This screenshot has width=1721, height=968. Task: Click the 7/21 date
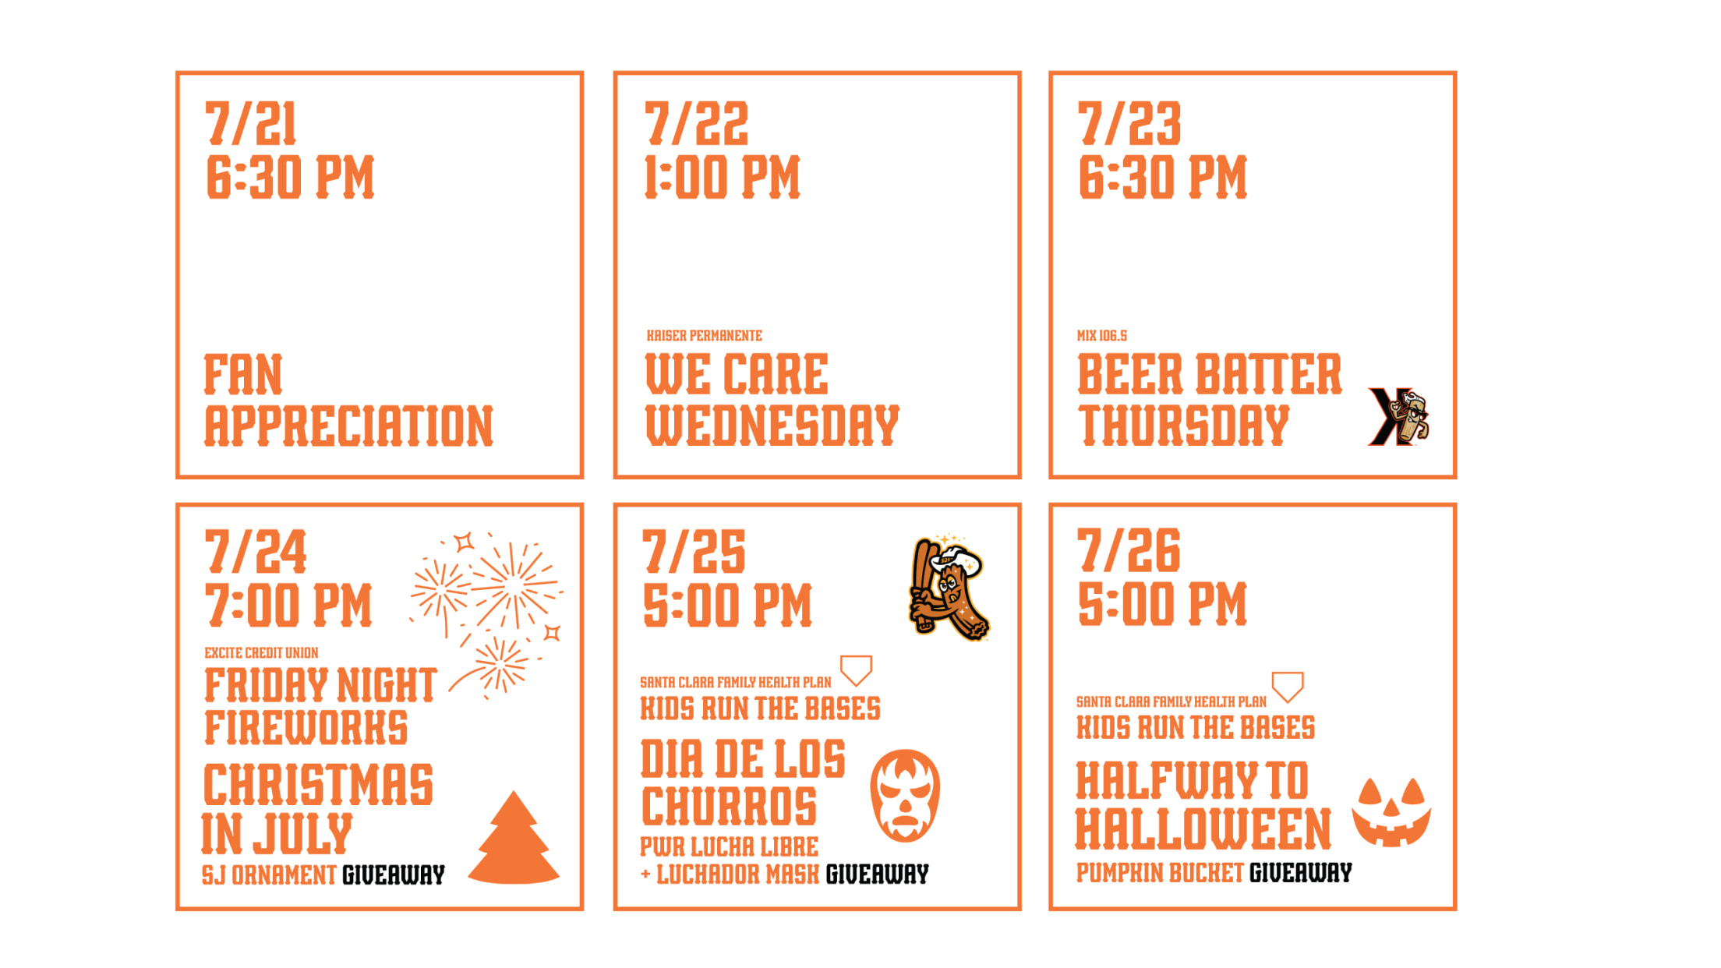[251, 124]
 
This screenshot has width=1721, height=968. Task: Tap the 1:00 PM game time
[723, 178]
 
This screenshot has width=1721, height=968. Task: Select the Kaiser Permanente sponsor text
[704, 336]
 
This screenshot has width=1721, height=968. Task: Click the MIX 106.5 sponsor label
[1101, 336]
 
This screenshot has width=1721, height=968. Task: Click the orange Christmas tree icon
[514, 838]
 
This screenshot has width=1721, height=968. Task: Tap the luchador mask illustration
[905, 796]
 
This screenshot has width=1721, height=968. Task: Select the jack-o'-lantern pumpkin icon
[1391, 811]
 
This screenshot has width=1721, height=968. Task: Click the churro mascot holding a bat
[949, 588]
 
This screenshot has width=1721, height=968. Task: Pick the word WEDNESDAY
[772, 426]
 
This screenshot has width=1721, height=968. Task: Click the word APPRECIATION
[348, 426]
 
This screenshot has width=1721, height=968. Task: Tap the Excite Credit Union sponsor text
[261, 653]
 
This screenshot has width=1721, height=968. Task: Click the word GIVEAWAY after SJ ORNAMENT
[394, 874]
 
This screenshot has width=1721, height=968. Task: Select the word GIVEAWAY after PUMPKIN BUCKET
[1300, 873]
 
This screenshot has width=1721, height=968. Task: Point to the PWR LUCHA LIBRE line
[729, 846]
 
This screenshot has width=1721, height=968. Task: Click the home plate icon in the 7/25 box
[856, 670]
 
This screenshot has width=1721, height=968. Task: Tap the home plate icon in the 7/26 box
[1288, 687]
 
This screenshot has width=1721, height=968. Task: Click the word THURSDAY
[1183, 426]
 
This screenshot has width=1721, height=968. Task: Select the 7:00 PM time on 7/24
[288, 605]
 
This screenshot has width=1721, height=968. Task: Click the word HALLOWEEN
[1203, 828]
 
